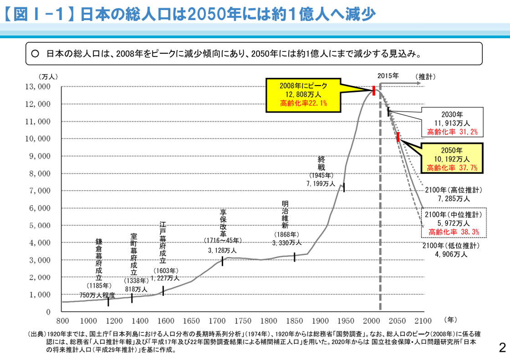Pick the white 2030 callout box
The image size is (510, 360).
coord(452,123)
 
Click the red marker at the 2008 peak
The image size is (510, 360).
coord(374,91)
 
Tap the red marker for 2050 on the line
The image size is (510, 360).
coord(398,137)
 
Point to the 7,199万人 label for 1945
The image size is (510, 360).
coord(321,184)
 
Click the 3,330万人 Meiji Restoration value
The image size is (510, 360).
coord(287,243)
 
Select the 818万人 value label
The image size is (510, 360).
coord(136,289)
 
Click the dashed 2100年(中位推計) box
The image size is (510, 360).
coord(452,223)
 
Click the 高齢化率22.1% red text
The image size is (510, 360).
coord(303,103)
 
